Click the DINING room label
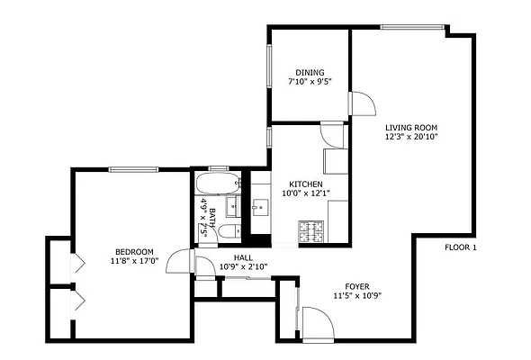pos(310,72)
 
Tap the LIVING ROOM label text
pos(411,127)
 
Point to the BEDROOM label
pos(133,251)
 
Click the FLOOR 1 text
pos(460,247)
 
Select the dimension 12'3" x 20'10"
pos(411,137)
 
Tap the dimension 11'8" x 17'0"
pos(133,261)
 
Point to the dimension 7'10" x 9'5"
pos(310,82)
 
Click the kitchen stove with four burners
pos(310,233)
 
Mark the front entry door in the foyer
pos(318,322)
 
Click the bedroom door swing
pos(181,262)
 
